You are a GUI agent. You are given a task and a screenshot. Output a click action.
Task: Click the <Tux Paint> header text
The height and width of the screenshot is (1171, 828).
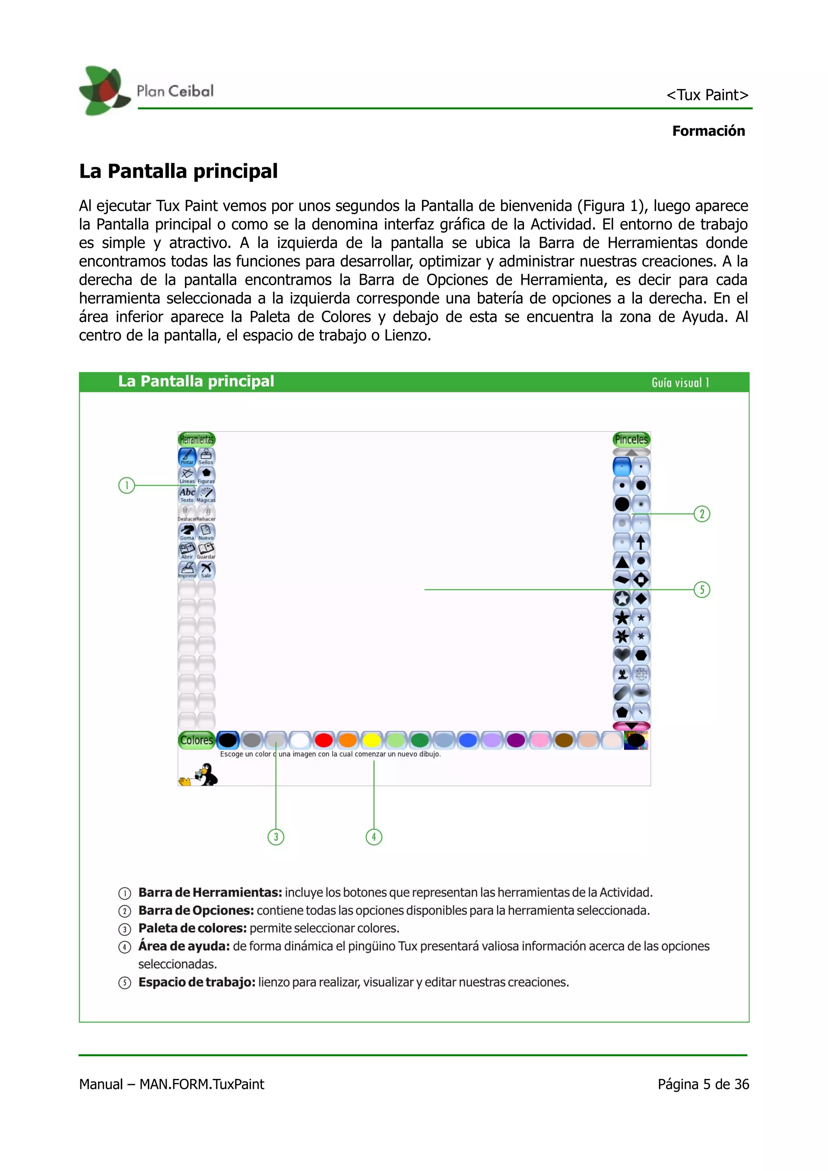tap(707, 95)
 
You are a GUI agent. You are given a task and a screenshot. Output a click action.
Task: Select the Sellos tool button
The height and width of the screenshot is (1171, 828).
tap(206, 457)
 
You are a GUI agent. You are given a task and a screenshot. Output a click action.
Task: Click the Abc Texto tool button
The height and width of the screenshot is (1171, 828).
tap(187, 494)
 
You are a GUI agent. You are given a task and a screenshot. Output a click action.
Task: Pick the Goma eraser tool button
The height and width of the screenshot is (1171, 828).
tap(187, 532)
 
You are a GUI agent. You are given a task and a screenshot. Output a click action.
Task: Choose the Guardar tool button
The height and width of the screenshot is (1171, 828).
tap(206, 551)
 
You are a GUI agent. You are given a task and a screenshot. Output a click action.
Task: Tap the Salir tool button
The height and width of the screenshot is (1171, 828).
tap(206, 570)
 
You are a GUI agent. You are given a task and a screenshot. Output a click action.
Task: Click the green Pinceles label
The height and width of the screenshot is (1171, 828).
tap(631, 439)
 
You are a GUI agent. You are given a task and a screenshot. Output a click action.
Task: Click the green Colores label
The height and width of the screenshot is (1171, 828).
tap(196, 740)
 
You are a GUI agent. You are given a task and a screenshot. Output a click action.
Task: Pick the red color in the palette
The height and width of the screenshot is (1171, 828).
tap(323, 740)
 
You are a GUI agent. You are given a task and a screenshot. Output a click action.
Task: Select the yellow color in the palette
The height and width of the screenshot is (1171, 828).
tap(372, 740)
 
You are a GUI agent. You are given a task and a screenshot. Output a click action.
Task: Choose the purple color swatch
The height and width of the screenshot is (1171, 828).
tap(516, 740)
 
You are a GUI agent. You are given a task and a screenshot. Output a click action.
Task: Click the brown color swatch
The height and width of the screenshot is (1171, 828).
tap(564, 740)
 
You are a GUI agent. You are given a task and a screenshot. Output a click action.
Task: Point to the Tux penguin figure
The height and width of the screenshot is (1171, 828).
tap(207, 774)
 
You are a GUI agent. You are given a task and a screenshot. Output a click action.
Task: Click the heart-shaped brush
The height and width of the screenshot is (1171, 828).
tap(622, 655)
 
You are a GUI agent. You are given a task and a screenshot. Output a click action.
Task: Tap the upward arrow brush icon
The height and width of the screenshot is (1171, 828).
tap(641, 541)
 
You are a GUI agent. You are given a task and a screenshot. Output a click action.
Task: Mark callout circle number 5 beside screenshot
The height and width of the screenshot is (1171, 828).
tap(702, 590)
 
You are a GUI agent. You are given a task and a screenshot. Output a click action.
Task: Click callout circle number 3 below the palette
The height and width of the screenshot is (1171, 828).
tap(276, 837)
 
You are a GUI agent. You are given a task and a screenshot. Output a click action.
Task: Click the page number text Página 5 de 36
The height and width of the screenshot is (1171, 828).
tap(703, 1084)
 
